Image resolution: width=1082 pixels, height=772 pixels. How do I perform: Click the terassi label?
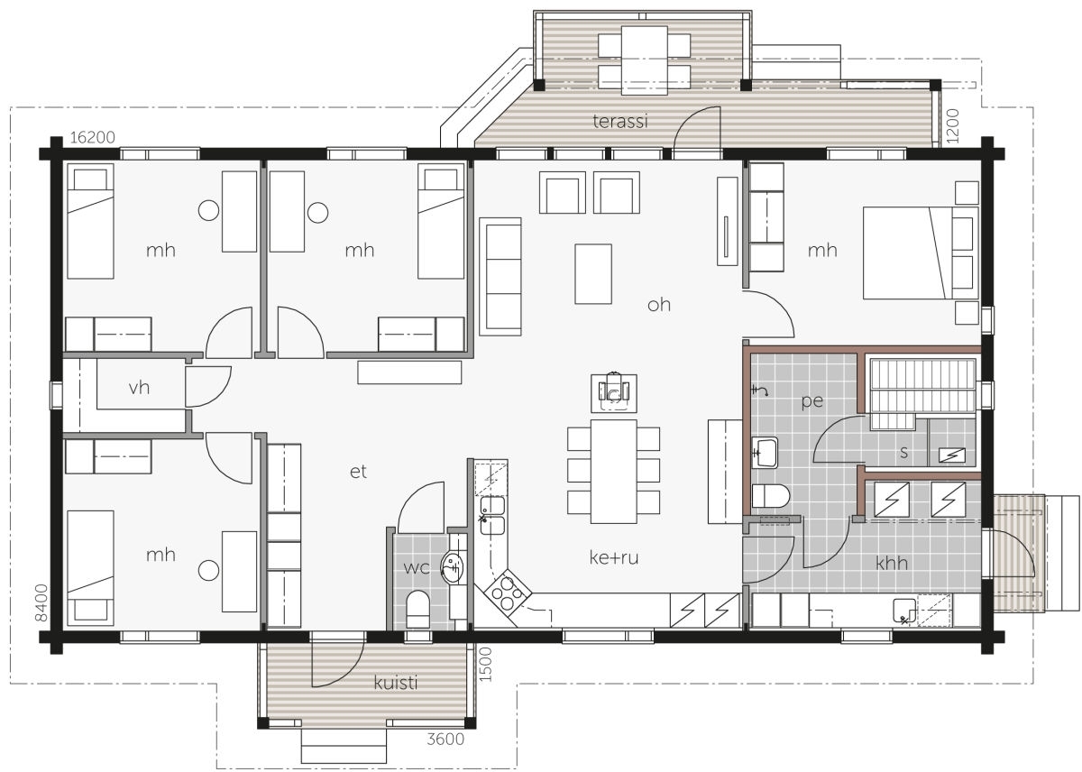(619, 121)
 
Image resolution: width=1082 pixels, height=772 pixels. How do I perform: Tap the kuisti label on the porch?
(395, 682)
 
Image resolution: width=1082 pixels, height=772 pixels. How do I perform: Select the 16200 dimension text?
(92, 138)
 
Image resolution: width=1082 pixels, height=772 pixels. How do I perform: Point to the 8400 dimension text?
(42, 602)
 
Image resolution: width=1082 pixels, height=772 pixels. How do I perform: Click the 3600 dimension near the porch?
(445, 739)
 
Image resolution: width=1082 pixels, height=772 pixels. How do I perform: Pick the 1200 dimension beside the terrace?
(952, 125)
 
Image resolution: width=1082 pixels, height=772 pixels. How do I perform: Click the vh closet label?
(139, 388)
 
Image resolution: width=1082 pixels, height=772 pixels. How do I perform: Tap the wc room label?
(416, 567)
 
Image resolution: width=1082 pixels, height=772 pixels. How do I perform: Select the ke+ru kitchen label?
(614, 557)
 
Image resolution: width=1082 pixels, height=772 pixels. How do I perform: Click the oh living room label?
(659, 304)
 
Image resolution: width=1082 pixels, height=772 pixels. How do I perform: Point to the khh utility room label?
(891, 563)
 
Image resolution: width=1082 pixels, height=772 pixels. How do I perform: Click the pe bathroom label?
(812, 401)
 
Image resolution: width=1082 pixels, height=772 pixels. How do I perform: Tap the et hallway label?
(358, 472)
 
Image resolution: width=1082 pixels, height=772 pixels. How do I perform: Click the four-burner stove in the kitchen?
(507, 593)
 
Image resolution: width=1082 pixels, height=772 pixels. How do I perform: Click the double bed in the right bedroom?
(921, 253)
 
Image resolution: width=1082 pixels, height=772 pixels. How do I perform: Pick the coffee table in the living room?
(593, 274)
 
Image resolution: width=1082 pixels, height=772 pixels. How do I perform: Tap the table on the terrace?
(645, 60)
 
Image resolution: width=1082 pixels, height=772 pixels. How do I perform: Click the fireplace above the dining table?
(613, 393)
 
